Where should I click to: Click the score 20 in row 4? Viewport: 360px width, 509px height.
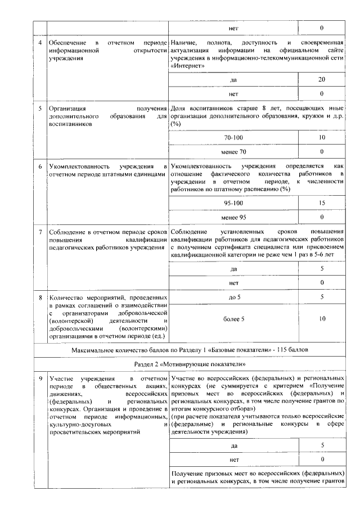[321, 80]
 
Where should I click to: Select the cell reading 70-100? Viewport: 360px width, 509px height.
[233, 137]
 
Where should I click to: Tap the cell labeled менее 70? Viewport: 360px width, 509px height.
[233, 151]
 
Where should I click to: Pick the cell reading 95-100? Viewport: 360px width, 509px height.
[233, 202]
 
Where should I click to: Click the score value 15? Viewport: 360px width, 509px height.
[321, 202]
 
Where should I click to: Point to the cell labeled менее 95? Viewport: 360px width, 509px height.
[233, 217]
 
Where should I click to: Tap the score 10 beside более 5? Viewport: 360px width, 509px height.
[321, 319]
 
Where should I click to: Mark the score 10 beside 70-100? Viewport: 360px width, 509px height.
[321, 137]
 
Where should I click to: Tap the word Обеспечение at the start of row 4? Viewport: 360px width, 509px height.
[68, 43]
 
